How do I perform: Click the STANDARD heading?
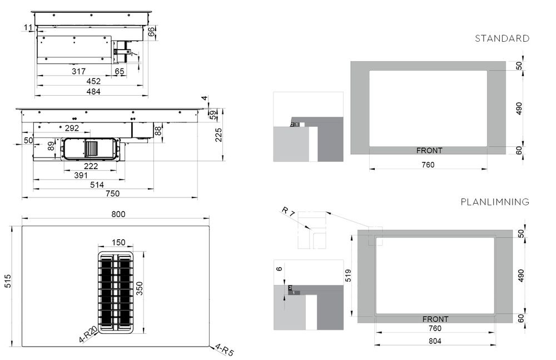(x=502, y=38)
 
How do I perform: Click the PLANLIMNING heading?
(x=495, y=202)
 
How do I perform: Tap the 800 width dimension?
(x=118, y=214)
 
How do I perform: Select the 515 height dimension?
(x=8, y=281)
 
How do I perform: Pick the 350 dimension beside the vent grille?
(x=140, y=288)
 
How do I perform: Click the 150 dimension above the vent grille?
(x=118, y=243)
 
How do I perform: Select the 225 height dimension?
(x=219, y=135)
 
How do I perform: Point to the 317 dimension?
(x=78, y=72)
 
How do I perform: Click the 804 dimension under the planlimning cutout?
(x=435, y=341)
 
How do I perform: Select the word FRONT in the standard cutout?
(x=429, y=150)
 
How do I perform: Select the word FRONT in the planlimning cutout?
(x=435, y=319)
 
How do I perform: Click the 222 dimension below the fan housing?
(x=91, y=166)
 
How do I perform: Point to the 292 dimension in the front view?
(x=72, y=128)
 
